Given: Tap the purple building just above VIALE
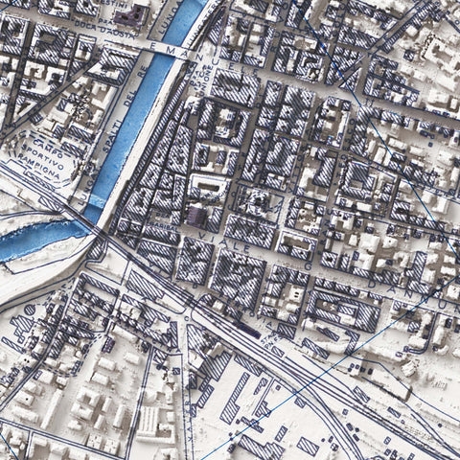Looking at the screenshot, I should tap(197, 217).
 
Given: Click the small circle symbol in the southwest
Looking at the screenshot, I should tap(29, 310).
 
